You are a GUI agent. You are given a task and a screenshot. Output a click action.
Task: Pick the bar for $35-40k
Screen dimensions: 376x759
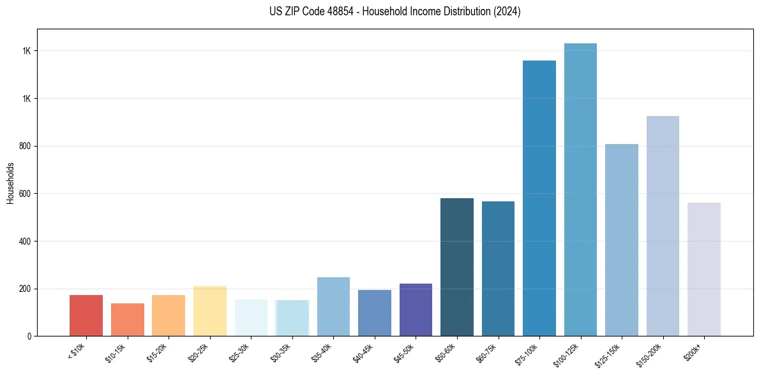(x=333, y=307)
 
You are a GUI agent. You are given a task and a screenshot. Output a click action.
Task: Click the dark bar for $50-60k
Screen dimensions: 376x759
(x=457, y=267)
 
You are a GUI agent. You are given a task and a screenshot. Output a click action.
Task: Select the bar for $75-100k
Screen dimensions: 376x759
(x=539, y=198)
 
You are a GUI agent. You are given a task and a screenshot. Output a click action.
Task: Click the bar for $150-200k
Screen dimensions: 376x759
(x=663, y=226)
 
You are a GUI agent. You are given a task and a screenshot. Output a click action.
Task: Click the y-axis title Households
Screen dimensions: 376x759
(x=10, y=182)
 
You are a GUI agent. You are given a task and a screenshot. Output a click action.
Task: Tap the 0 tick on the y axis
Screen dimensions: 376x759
(x=29, y=336)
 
